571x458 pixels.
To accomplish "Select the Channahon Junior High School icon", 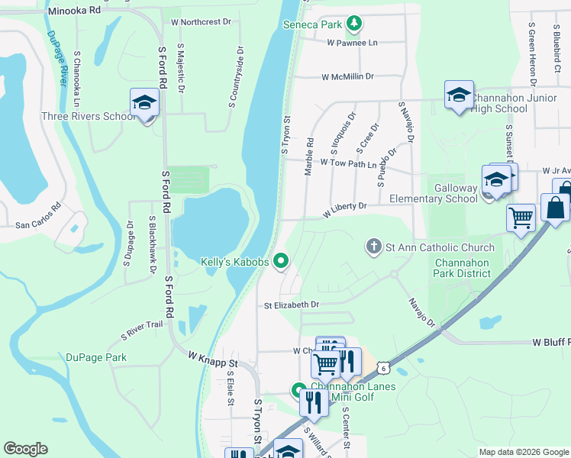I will (458, 95).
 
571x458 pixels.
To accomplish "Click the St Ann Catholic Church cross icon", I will (373, 247).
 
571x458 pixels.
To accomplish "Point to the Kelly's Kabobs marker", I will (281, 262).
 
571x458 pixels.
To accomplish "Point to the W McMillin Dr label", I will (347, 77).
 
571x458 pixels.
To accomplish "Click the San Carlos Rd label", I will (37, 216).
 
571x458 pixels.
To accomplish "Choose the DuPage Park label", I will (95, 357).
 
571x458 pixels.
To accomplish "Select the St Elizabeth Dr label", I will (291, 305).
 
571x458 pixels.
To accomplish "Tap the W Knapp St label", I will (213, 359).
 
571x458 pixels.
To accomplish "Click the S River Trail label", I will (142, 330).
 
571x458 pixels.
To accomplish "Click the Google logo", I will (25, 449).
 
